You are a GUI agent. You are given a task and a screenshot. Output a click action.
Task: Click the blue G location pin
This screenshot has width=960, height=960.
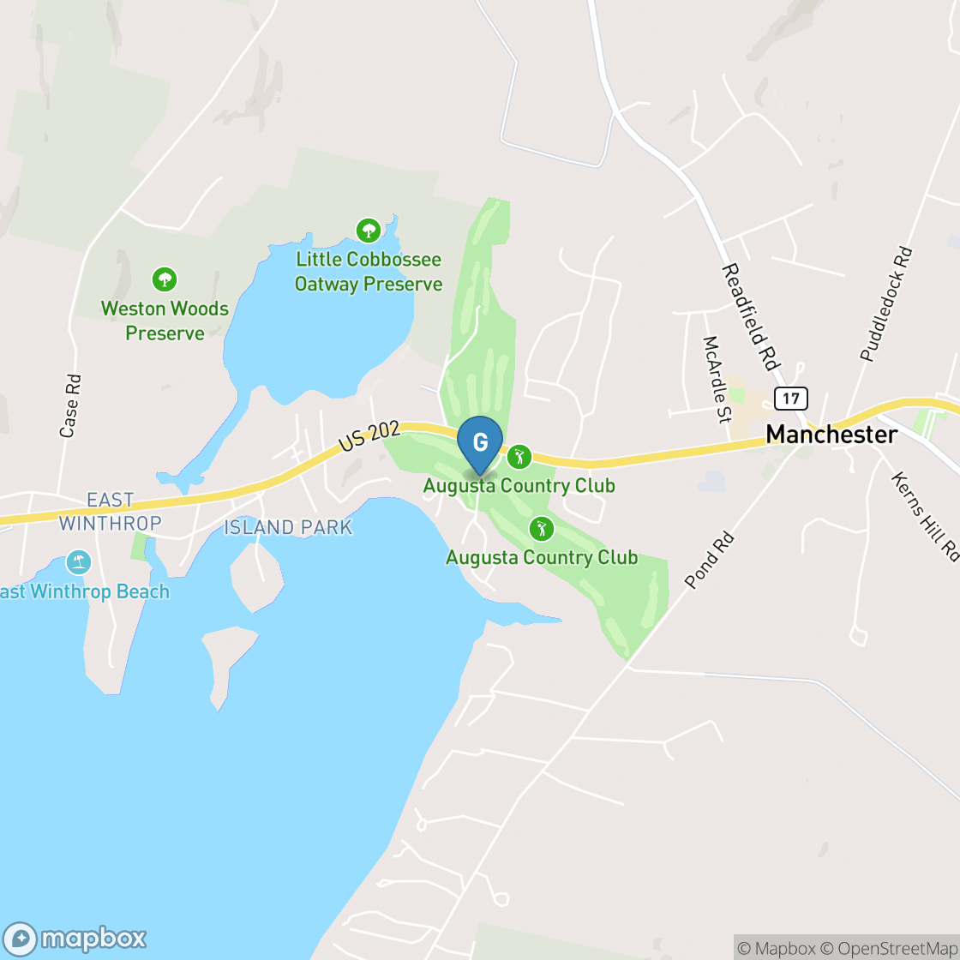tap(480, 443)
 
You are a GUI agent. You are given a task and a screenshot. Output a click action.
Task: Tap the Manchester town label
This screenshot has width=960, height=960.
tap(831, 434)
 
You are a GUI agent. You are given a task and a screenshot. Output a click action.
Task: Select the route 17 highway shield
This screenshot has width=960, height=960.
tap(790, 399)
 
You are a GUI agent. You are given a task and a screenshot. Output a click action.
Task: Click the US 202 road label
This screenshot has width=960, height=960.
tap(369, 437)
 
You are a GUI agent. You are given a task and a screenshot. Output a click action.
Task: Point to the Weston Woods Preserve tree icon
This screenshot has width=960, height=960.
tap(164, 279)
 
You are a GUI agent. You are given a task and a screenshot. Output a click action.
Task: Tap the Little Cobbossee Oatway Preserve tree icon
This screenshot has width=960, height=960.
tap(369, 230)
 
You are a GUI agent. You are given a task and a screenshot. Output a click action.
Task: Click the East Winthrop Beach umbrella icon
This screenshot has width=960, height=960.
tap(78, 562)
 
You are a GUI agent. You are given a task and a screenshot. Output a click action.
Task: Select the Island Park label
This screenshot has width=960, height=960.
tap(288, 527)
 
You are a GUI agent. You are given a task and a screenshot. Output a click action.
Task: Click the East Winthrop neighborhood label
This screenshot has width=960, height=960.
tap(111, 511)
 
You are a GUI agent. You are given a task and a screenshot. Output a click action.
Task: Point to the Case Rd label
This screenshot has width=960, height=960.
tap(69, 405)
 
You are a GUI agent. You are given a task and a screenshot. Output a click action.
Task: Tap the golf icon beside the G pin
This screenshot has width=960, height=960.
tap(518, 456)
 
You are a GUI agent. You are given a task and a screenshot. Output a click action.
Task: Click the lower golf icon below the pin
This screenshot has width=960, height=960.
tap(541, 528)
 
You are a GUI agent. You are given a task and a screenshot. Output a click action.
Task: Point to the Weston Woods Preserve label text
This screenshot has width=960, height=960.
tap(165, 321)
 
